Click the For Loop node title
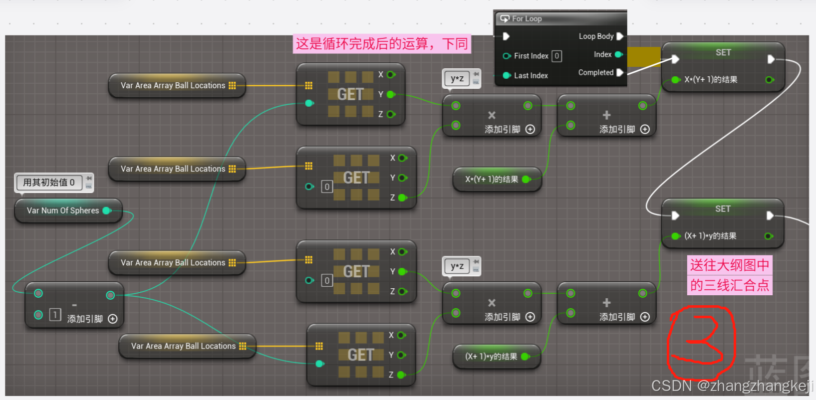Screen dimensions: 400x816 coord(527,19)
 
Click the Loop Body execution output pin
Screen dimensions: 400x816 coord(620,36)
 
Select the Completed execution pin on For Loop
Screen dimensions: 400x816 coord(620,73)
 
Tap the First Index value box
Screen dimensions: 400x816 coord(557,56)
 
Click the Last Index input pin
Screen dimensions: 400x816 coord(507,75)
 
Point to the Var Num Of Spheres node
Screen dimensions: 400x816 coord(63,210)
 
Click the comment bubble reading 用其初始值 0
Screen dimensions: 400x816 coord(49,183)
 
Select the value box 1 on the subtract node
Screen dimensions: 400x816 coord(55,315)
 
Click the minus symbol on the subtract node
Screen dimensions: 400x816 coord(74,305)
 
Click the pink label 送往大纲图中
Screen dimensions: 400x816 coord(729,265)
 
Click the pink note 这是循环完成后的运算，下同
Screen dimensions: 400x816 coord(382,44)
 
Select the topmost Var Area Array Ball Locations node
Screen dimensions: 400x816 coord(173,86)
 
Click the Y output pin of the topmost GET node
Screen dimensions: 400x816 coord(391,94)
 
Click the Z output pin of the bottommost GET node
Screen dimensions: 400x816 coord(401,375)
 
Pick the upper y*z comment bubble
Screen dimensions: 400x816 coord(457,78)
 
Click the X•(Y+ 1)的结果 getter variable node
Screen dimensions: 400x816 coord(492,179)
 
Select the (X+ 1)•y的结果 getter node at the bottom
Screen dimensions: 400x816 coord(491,357)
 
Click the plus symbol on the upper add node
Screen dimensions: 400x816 coord(606,115)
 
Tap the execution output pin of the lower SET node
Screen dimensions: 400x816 coord(770,215)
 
